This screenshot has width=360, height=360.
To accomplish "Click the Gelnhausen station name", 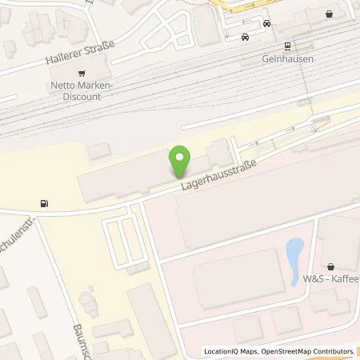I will pos(287,59).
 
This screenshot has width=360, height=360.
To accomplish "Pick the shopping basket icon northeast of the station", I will pos(329,14).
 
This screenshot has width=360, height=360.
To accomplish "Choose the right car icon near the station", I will pos(266,24).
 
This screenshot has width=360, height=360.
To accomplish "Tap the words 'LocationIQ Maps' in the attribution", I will pos(231,351).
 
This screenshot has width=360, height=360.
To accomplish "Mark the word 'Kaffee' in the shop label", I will pos(344,278).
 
